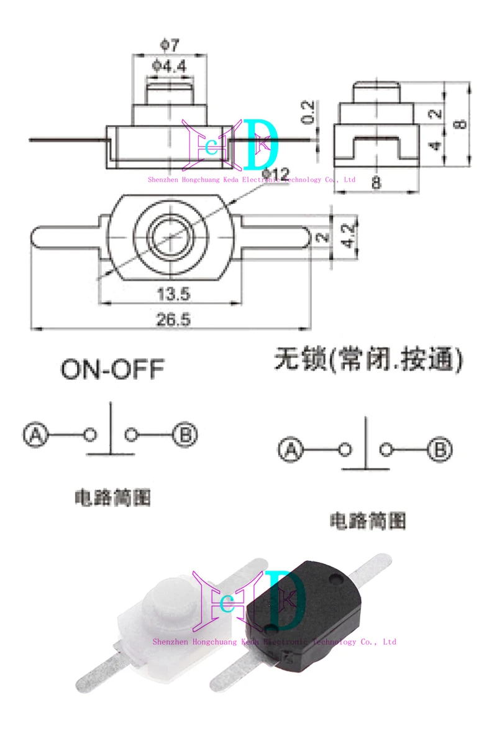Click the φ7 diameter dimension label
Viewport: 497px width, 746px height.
click(x=169, y=45)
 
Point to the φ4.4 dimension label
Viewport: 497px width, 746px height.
click(x=169, y=65)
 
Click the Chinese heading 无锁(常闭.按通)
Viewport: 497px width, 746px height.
click(x=369, y=360)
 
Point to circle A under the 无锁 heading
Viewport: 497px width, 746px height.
click(x=290, y=449)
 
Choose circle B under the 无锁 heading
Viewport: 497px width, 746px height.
click(x=440, y=449)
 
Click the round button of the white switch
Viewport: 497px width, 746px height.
click(x=168, y=600)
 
